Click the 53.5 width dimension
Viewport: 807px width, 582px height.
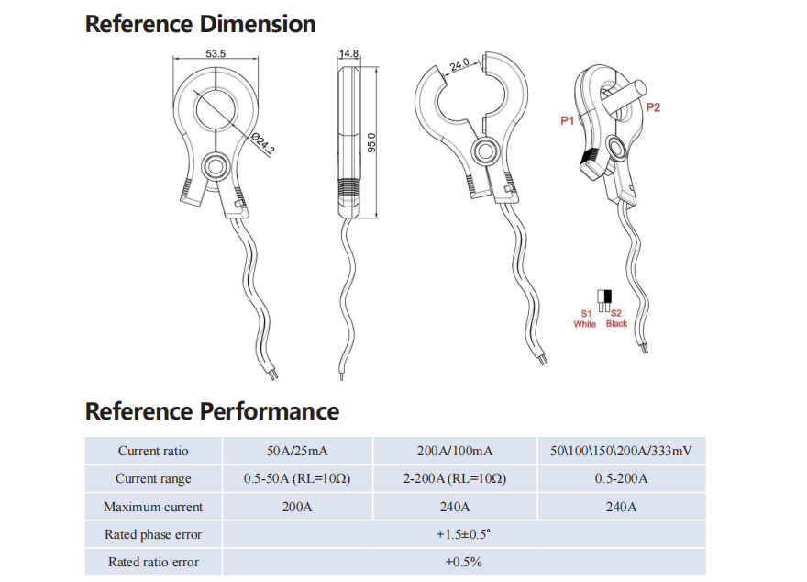[x=216, y=53]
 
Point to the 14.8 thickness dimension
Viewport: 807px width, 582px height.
[x=348, y=53]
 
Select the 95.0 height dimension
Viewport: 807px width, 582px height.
[x=371, y=142]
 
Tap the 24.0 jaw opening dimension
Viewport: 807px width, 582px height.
[x=459, y=65]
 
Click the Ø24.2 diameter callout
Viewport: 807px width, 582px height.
[x=263, y=144]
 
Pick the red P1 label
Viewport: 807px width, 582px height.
[x=567, y=120]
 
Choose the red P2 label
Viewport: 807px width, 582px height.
[x=653, y=107]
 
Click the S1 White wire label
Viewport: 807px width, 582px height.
[x=585, y=319]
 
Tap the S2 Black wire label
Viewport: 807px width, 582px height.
[x=616, y=319]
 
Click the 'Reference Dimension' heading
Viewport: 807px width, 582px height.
[x=200, y=24]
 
